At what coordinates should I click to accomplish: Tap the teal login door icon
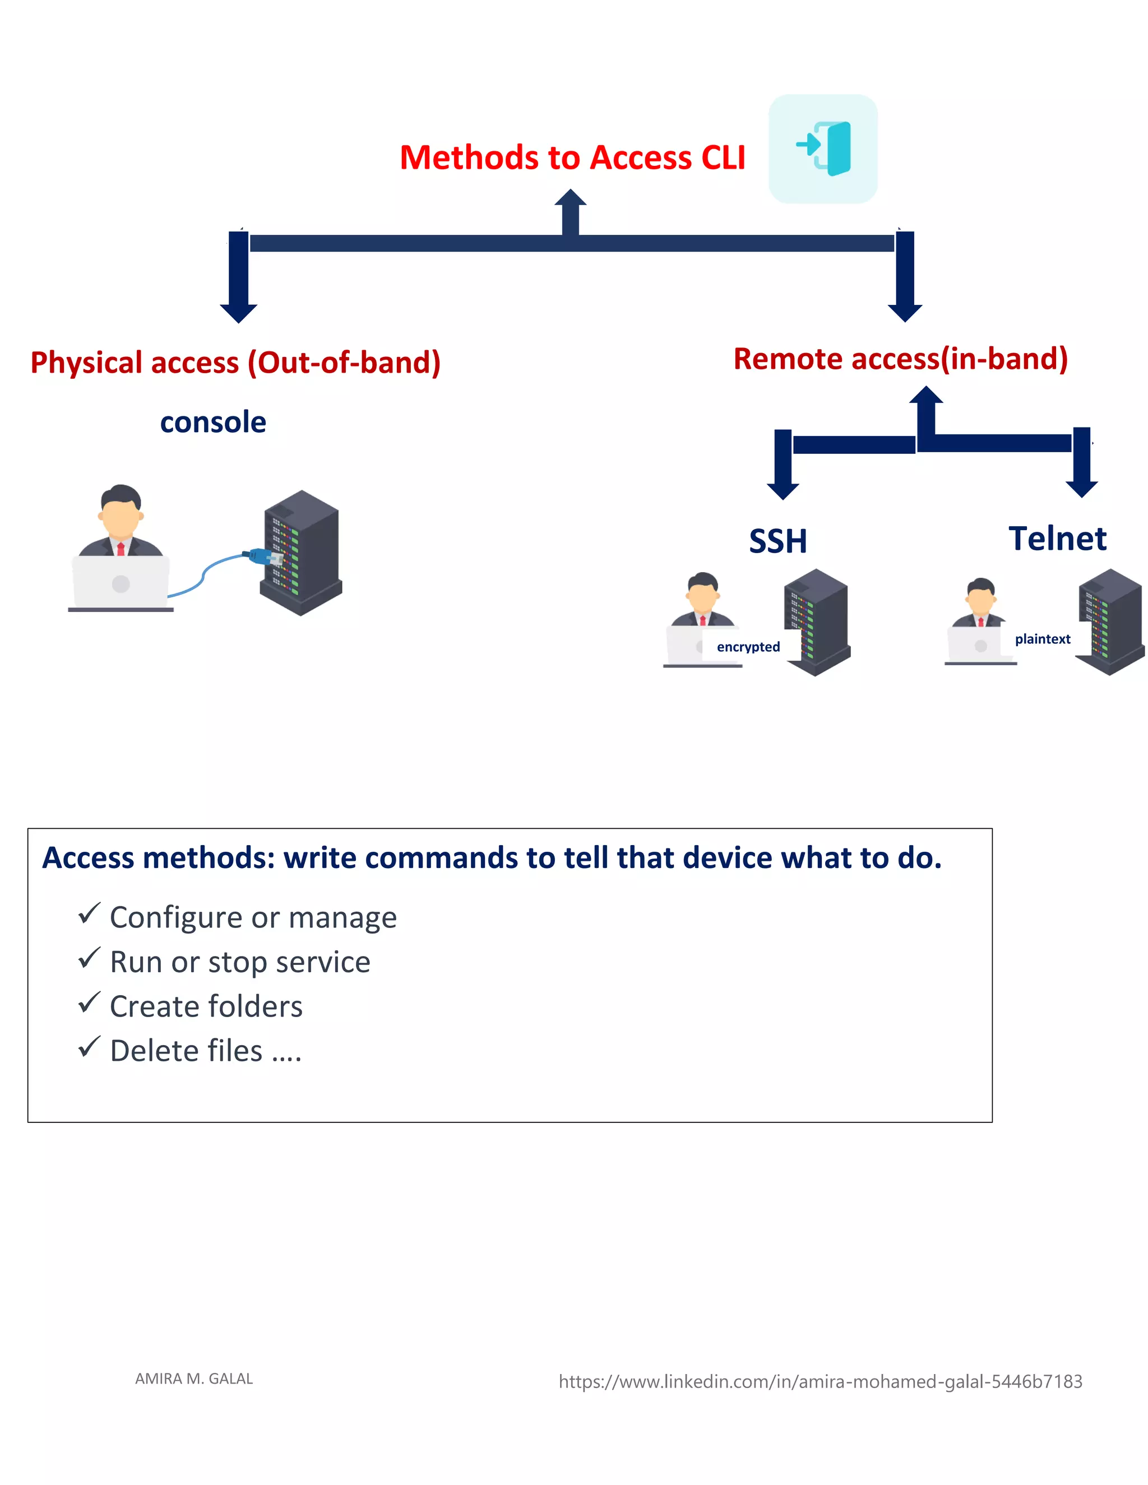(823, 148)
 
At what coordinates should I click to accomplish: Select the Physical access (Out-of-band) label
(235, 363)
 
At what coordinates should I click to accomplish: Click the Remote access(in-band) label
(900, 359)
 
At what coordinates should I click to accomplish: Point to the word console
(213, 423)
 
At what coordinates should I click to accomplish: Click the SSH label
(777, 541)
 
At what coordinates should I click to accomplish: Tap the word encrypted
(748, 647)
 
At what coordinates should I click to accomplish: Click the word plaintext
(1042, 639)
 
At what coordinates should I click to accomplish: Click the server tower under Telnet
(1110, 620)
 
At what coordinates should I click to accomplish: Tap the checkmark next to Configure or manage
(89, 913)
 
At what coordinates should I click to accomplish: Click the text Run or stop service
(240, 962)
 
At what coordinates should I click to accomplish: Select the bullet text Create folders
(206, 1006)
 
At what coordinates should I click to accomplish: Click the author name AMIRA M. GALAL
(194, 1379)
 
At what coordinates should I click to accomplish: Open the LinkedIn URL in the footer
(820, 1382)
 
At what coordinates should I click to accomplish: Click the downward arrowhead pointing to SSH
(783, 491)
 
